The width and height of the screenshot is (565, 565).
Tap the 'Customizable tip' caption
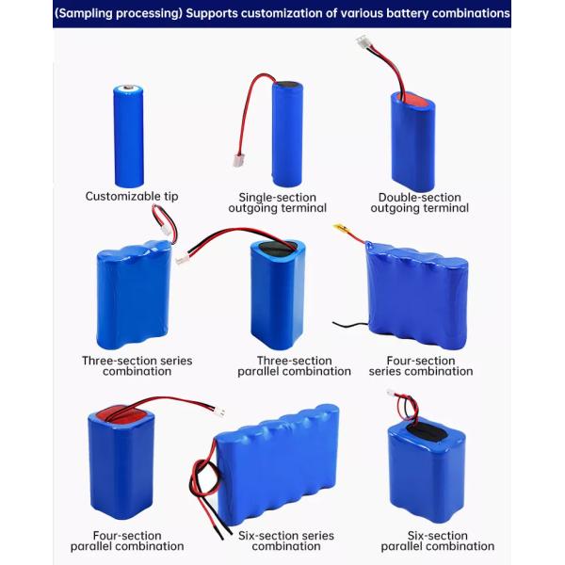[132, 197]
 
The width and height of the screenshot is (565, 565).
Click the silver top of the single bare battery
[128, 90]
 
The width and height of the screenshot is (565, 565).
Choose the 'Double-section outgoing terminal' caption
[420, 202]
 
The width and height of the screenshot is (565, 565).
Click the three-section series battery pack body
[134, 297]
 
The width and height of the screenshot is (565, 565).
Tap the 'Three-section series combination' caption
[137, 366]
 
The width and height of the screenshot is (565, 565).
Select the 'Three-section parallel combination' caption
[295, 366]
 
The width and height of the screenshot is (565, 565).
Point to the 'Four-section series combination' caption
[421, 366]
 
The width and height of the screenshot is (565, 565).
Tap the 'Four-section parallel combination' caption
[127, 541]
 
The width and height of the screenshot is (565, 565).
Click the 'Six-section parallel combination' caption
[437, 541]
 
